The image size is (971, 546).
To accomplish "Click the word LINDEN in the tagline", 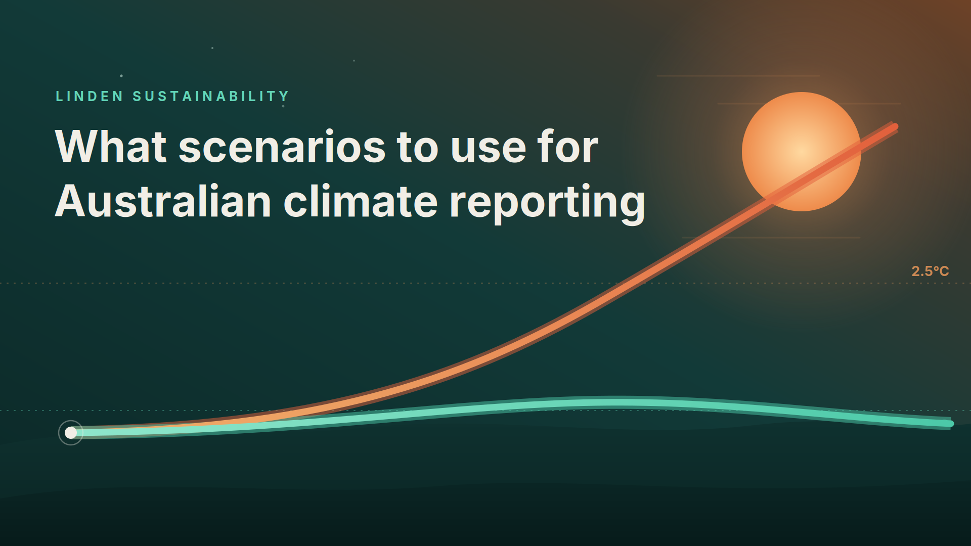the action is click(x=90, y=96).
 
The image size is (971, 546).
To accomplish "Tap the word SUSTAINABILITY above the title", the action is click(x=211, y=96).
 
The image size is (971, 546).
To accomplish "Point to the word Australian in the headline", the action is click(x=163, y=201).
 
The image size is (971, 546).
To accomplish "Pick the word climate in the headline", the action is click(x=361, y=201).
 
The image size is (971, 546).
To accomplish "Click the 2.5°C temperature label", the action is click(x=930, y=271).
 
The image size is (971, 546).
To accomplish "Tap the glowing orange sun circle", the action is click(x=802, y=152).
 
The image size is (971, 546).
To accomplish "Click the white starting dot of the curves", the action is click(x=71, y=433).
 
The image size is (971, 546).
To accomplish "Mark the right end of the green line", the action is click(x=951, y=424).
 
